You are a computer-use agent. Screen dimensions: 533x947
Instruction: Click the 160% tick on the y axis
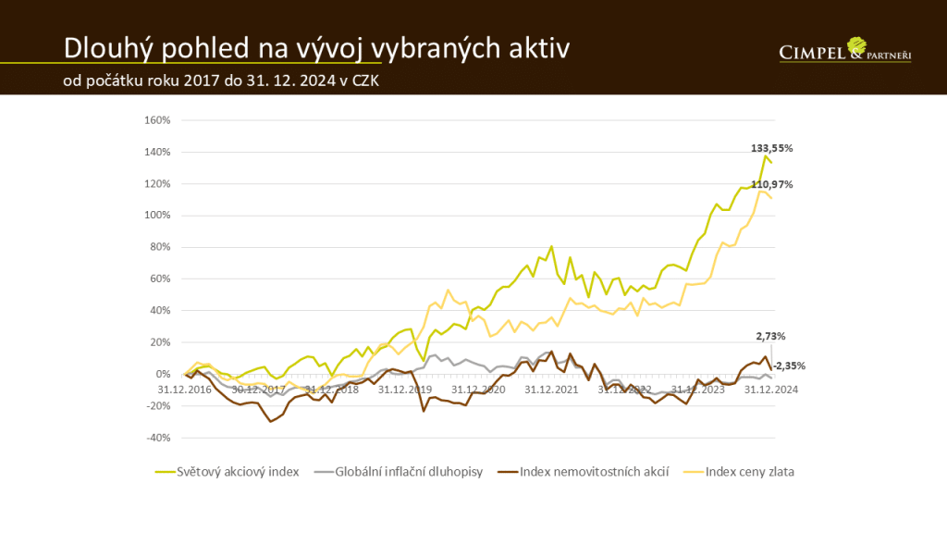point(160,120)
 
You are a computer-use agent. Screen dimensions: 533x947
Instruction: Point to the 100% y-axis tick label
point(160,216)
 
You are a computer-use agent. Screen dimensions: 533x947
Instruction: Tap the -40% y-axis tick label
point(160,438)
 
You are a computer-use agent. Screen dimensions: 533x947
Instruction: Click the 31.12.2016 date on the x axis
point(186,389)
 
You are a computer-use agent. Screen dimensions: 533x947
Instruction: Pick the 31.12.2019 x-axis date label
point(405,389)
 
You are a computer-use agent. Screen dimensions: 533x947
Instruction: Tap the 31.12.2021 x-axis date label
point(551,389)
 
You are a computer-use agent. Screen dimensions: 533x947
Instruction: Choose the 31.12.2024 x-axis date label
point(770,389)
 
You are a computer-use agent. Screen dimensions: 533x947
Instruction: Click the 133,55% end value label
point(771,148)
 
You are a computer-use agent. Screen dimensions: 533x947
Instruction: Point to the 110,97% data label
point(771,185)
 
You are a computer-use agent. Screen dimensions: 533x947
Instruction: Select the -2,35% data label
point(789,366)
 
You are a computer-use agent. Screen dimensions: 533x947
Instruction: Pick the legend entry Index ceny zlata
point(750,472)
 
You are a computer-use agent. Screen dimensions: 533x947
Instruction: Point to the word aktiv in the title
point(536,47)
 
